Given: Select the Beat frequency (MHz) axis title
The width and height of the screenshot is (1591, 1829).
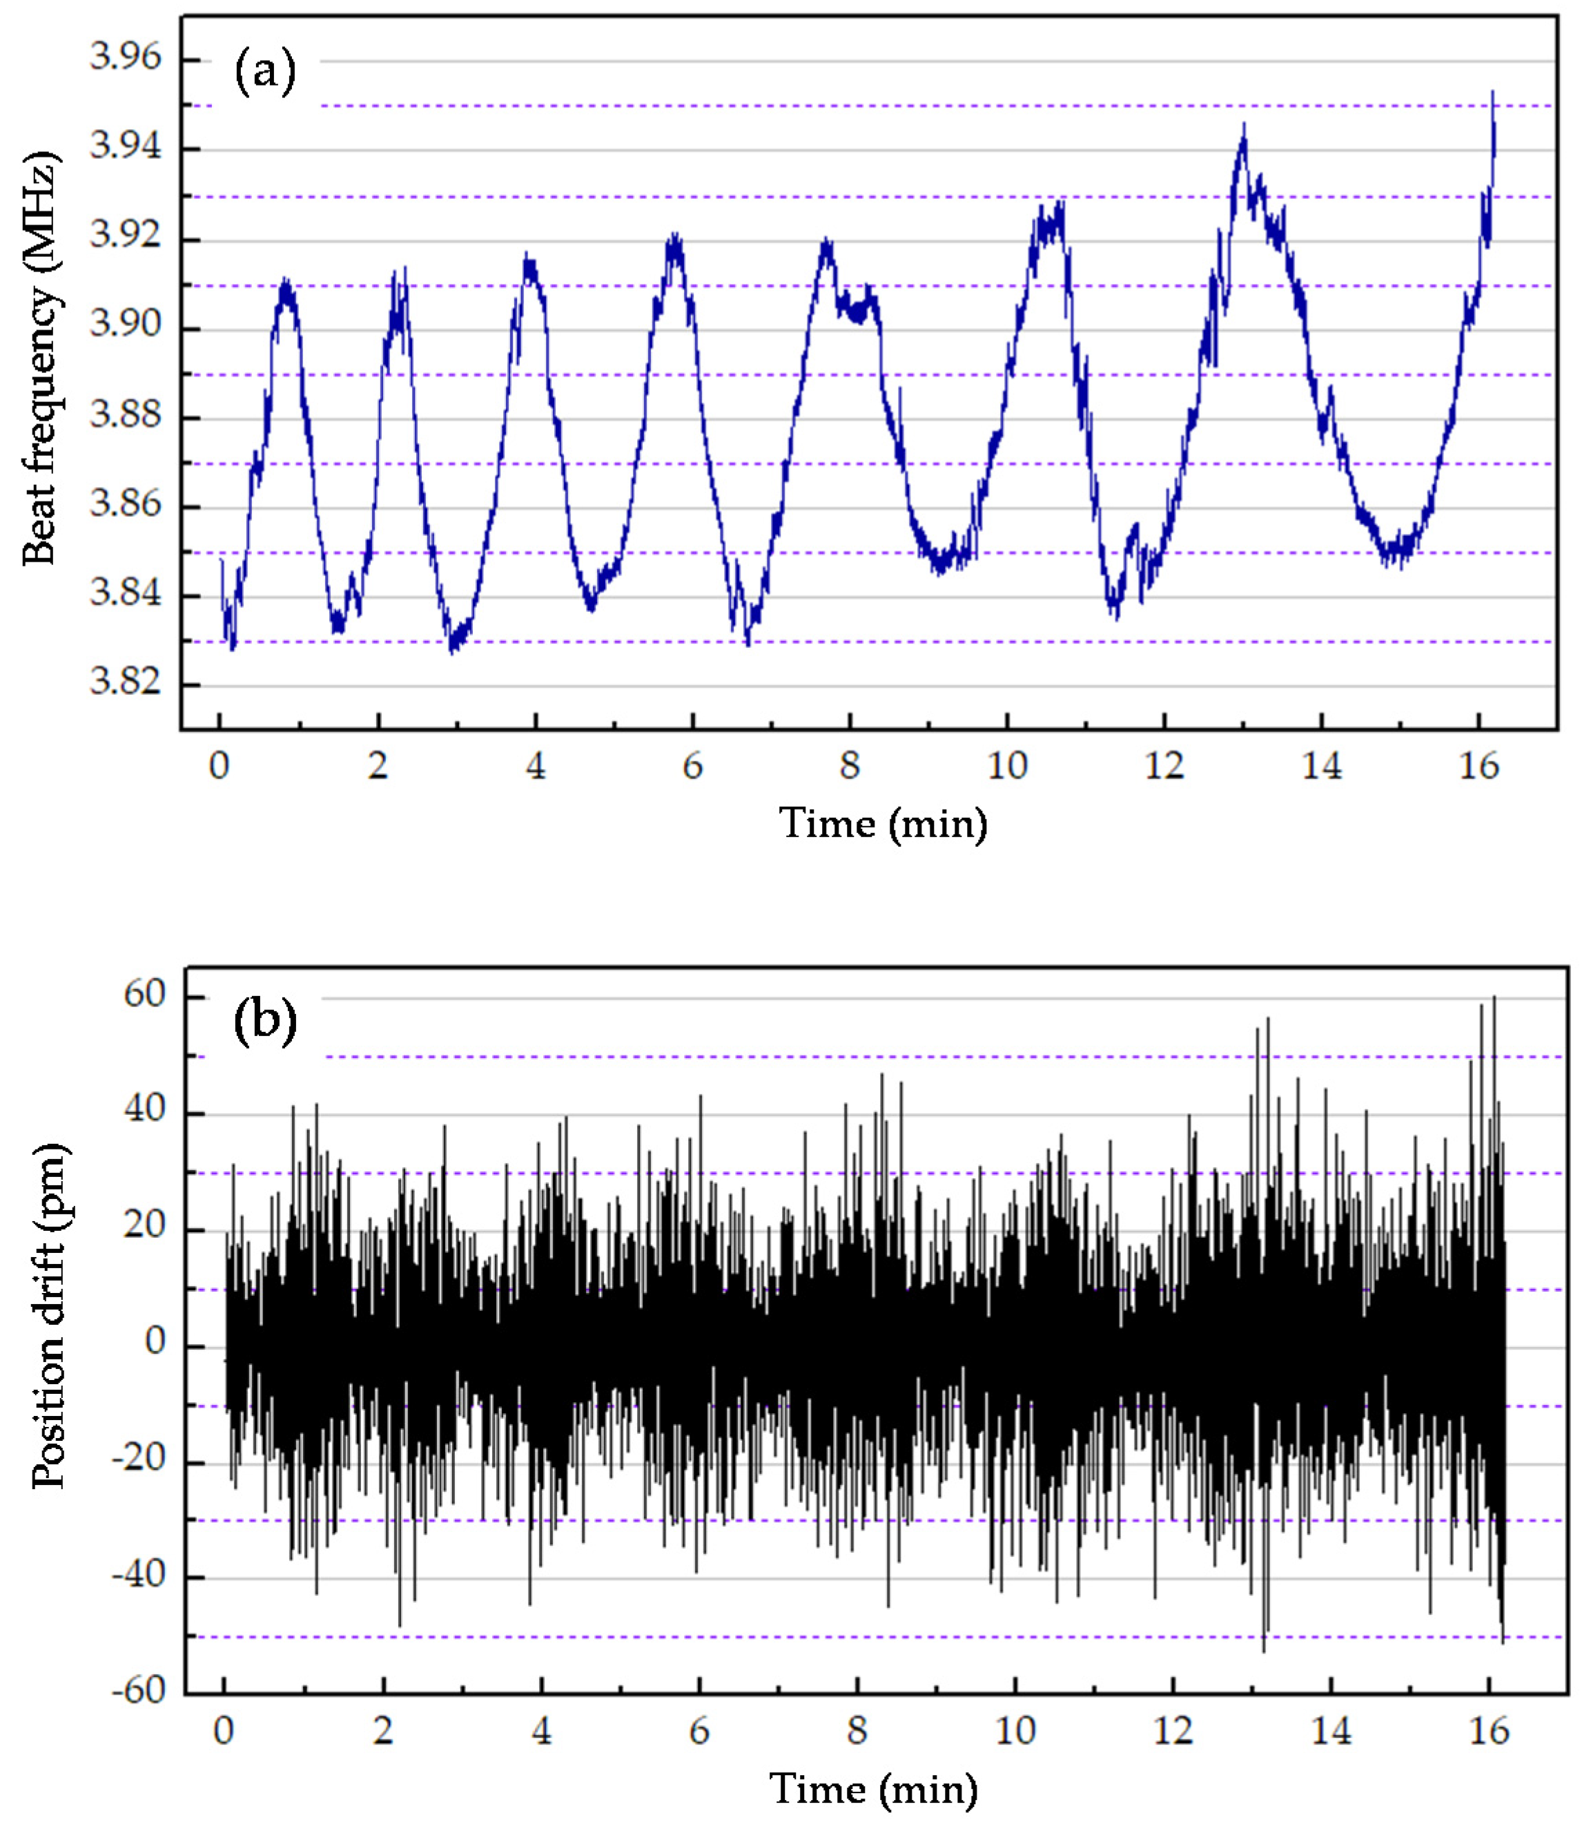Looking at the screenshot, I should (x=40, y=361).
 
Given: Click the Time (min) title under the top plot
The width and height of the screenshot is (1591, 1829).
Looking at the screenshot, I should (x=883, y=824).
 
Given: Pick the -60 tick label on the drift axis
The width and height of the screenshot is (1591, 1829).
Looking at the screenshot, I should (x=137, y=1690).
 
